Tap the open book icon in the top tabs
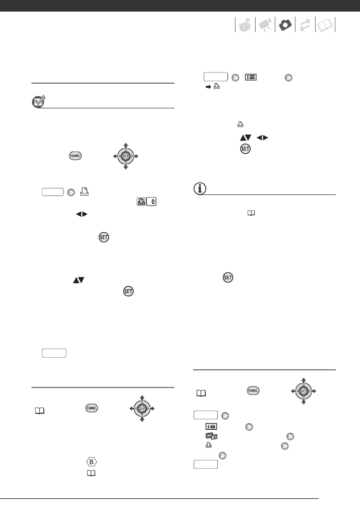click(325, 26)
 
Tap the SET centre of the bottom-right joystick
click(303, 391)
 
